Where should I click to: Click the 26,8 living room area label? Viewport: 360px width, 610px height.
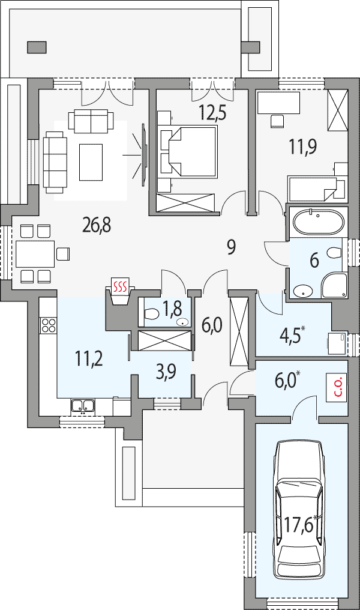(x=97, y=225)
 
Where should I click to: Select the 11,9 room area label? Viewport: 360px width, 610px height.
(x=302, y=147)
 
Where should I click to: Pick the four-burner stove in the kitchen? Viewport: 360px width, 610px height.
(x=48, y=325)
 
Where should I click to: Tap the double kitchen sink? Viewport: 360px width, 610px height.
(x=83, y=406)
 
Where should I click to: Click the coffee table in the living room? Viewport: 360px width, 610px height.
(x=91, y=162)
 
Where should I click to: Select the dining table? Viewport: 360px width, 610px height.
(x=35, y=254)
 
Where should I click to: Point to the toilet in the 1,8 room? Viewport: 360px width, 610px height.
(x=151, y=313)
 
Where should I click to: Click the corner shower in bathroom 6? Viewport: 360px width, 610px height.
(x=334, y=286)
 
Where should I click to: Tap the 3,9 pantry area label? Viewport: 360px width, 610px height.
(x=165, y=372)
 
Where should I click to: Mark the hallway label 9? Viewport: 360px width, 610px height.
(x=232, y=247)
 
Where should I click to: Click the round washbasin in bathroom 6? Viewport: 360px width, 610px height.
(x=302, y=291)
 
